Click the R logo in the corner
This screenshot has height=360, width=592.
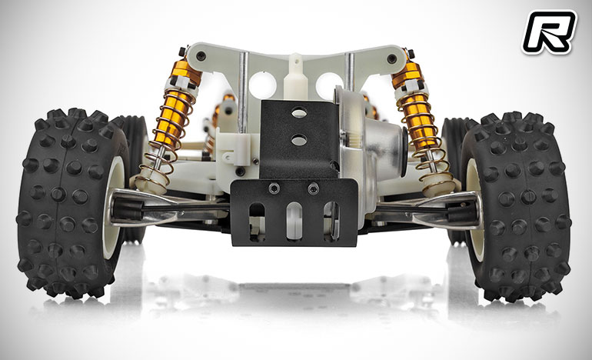click(550, 32)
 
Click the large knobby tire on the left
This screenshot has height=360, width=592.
click(72, 203)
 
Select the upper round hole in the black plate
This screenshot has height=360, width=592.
click(299, 112)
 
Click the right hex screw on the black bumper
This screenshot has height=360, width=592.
click(313, 188)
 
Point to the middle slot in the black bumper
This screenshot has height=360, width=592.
click(294, 221)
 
